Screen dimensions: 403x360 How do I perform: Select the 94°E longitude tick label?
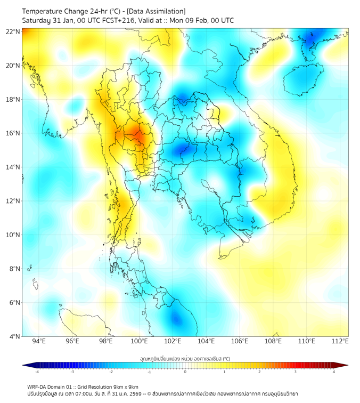[39, 341]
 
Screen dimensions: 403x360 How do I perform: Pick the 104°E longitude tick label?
[206, 341]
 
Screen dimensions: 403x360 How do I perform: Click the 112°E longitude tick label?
[340, 341]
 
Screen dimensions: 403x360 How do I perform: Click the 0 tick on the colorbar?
[185, 372]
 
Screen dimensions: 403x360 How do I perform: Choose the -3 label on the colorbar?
[72, 372]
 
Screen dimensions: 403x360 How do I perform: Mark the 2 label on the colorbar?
[259, 372]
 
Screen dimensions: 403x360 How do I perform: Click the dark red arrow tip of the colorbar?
[345, 365]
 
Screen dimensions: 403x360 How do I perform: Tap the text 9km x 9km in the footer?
[126, 386]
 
